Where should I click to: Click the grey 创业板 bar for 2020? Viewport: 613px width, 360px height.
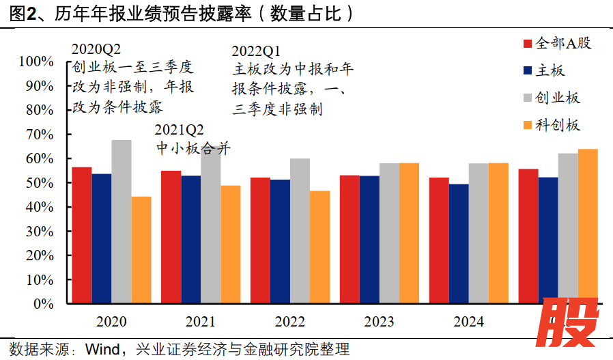pyautogui.click(x=122, y=221)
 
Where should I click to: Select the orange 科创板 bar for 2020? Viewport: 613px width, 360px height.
pyautogui.click(x=141, y=250)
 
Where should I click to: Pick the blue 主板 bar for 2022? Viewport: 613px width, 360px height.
pyautogui.click(x=280, y=241)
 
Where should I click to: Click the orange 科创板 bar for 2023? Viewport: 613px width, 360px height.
pyautogui.click(x=410, y=233)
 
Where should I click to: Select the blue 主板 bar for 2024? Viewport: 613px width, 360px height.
pyautogui.click(x=459, y=243)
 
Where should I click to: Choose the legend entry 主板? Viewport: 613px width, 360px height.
pyautogui.click(x=550, y=70)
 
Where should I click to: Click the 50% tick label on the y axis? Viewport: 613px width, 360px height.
pyautogui.click(x=40, y=183)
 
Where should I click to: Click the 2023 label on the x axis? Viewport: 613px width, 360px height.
pyautogui.click(x=379, y=322)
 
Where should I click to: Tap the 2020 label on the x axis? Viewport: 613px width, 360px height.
pyautogui.click(x=111, y=322)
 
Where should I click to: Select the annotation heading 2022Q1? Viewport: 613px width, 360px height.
pyautogui.click(x=256, y=52)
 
